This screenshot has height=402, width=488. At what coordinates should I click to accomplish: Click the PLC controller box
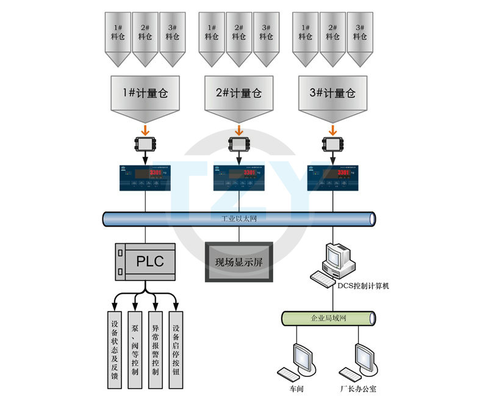145,261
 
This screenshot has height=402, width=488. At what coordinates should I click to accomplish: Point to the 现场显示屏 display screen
239,262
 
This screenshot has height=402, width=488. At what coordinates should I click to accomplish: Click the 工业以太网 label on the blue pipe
239,219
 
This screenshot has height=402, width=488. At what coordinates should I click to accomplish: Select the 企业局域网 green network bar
329,318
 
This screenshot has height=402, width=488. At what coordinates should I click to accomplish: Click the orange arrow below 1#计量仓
145,130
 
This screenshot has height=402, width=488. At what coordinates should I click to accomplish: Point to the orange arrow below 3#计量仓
332,130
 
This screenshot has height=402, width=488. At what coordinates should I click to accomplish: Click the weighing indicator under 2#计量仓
239,177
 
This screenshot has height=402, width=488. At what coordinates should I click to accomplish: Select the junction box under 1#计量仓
145,145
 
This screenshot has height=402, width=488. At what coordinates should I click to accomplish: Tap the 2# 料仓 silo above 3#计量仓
332,38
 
